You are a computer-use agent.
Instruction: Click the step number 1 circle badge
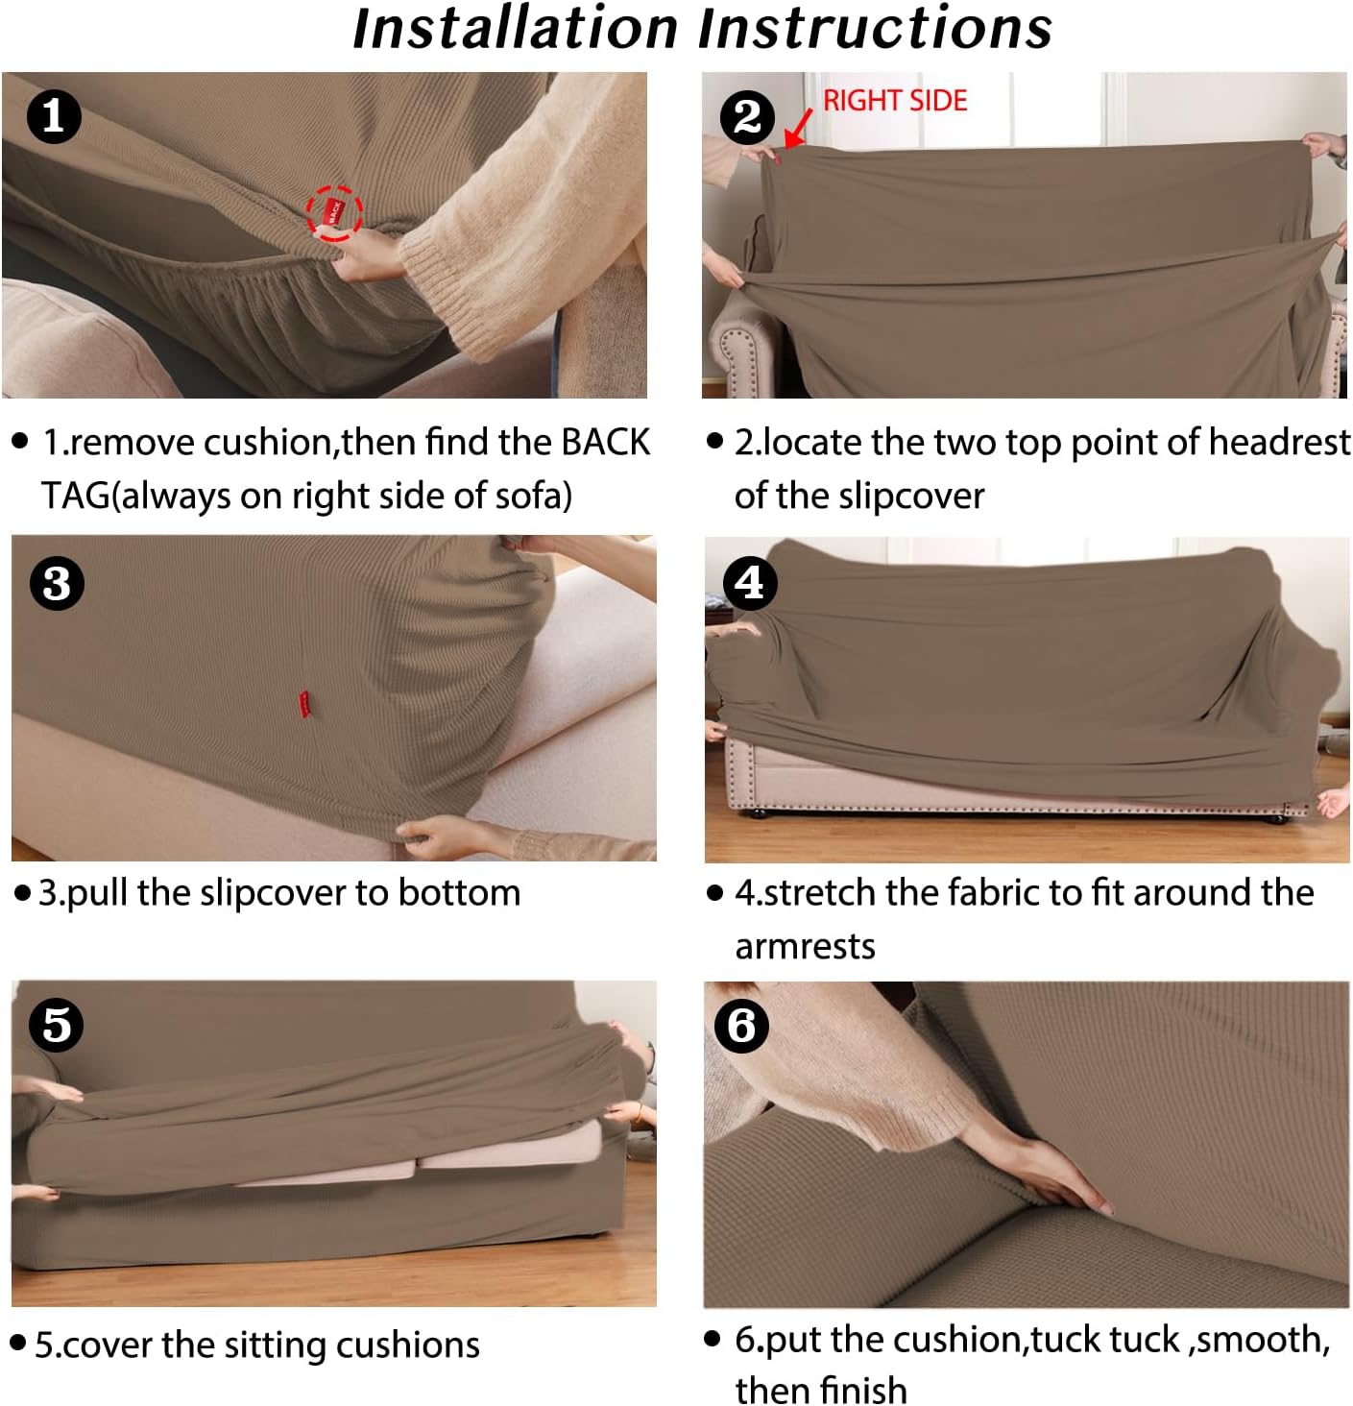point(54,116)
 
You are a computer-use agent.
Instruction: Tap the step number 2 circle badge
point(747,117)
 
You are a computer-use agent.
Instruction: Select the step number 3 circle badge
point(57,583)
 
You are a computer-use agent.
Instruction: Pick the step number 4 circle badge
point(749,581)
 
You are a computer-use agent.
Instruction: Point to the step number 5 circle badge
point(57,1024)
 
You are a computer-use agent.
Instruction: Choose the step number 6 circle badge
point(741,1025)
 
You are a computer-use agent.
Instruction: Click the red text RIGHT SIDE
point(894,100)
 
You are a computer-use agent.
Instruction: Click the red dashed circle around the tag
point(334,213)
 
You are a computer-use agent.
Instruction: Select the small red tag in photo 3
point(303,703)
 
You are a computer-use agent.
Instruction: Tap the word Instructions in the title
point(875,28)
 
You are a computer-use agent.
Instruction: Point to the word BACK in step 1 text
point(605,443)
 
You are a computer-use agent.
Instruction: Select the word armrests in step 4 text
point(805,947)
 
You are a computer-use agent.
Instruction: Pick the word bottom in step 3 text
point(459,893)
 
